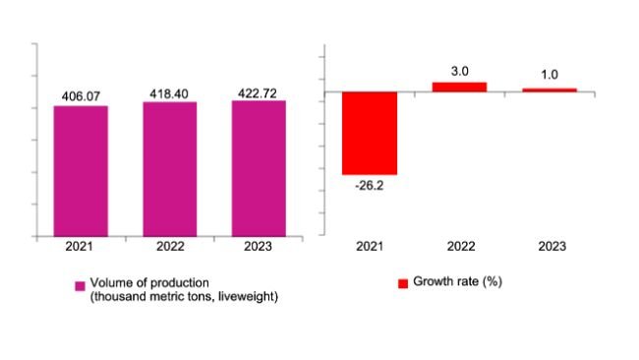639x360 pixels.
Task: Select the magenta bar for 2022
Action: click(x=169, y=169)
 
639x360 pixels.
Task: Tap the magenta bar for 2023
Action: click(x=259, y=168)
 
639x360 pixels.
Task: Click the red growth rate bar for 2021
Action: click(x=370, y=133)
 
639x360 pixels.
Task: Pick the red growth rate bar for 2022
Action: click(x=459, y=88)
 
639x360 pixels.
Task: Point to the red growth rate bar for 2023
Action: click(x=549, y=90)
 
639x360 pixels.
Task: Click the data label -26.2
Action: click(x=370, y=185)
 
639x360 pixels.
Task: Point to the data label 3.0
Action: click(x=459, y=71)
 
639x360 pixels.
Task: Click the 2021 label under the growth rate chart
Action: click(x=370, y=249)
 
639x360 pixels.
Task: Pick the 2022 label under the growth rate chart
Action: click(x=459, y=249)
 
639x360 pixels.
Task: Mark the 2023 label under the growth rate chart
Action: click(x=549, y=249)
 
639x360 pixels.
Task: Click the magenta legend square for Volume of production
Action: click(x=81, y=286)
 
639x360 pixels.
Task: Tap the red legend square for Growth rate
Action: click(x=403, y=283)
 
